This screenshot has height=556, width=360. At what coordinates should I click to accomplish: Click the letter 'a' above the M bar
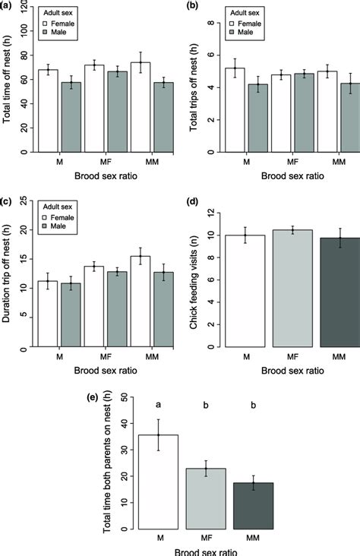click(x=158, y=406)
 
